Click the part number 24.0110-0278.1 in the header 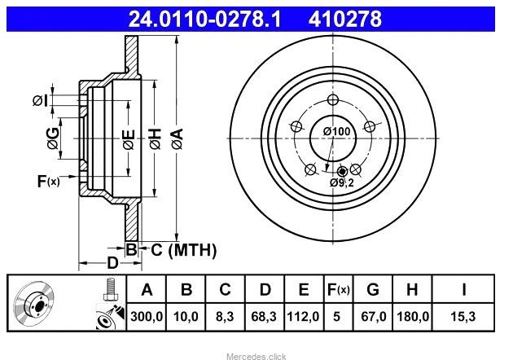205,19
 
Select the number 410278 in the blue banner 344,19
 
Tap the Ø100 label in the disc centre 336,132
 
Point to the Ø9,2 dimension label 342,182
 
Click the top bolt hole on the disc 333,100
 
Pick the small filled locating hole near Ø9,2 342,171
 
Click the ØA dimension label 178,138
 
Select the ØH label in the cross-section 156,138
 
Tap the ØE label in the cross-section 129,139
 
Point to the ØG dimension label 53,138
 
